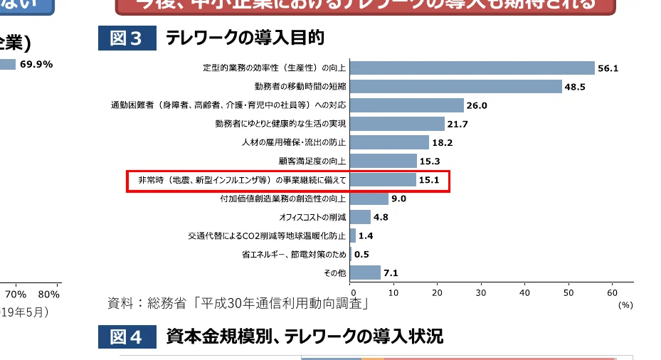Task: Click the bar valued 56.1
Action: (472, 68)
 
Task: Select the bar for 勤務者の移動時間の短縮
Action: (455, 87)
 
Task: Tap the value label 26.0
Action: (477, 105)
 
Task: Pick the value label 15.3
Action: (430, 161)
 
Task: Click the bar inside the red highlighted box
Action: (383, 180)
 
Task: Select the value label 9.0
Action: (398, 198)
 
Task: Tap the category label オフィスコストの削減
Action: (313, 217)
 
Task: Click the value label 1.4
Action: (366, 235)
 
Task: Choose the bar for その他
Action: (365, 272)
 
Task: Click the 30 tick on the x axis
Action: (481, 292)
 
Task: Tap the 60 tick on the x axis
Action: (611, 292)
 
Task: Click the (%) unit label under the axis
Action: (625, 304)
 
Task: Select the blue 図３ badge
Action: (127, 38)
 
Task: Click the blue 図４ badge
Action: (127, 337)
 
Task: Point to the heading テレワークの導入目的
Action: (245, 38)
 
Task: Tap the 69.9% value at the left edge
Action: (36, 64)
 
